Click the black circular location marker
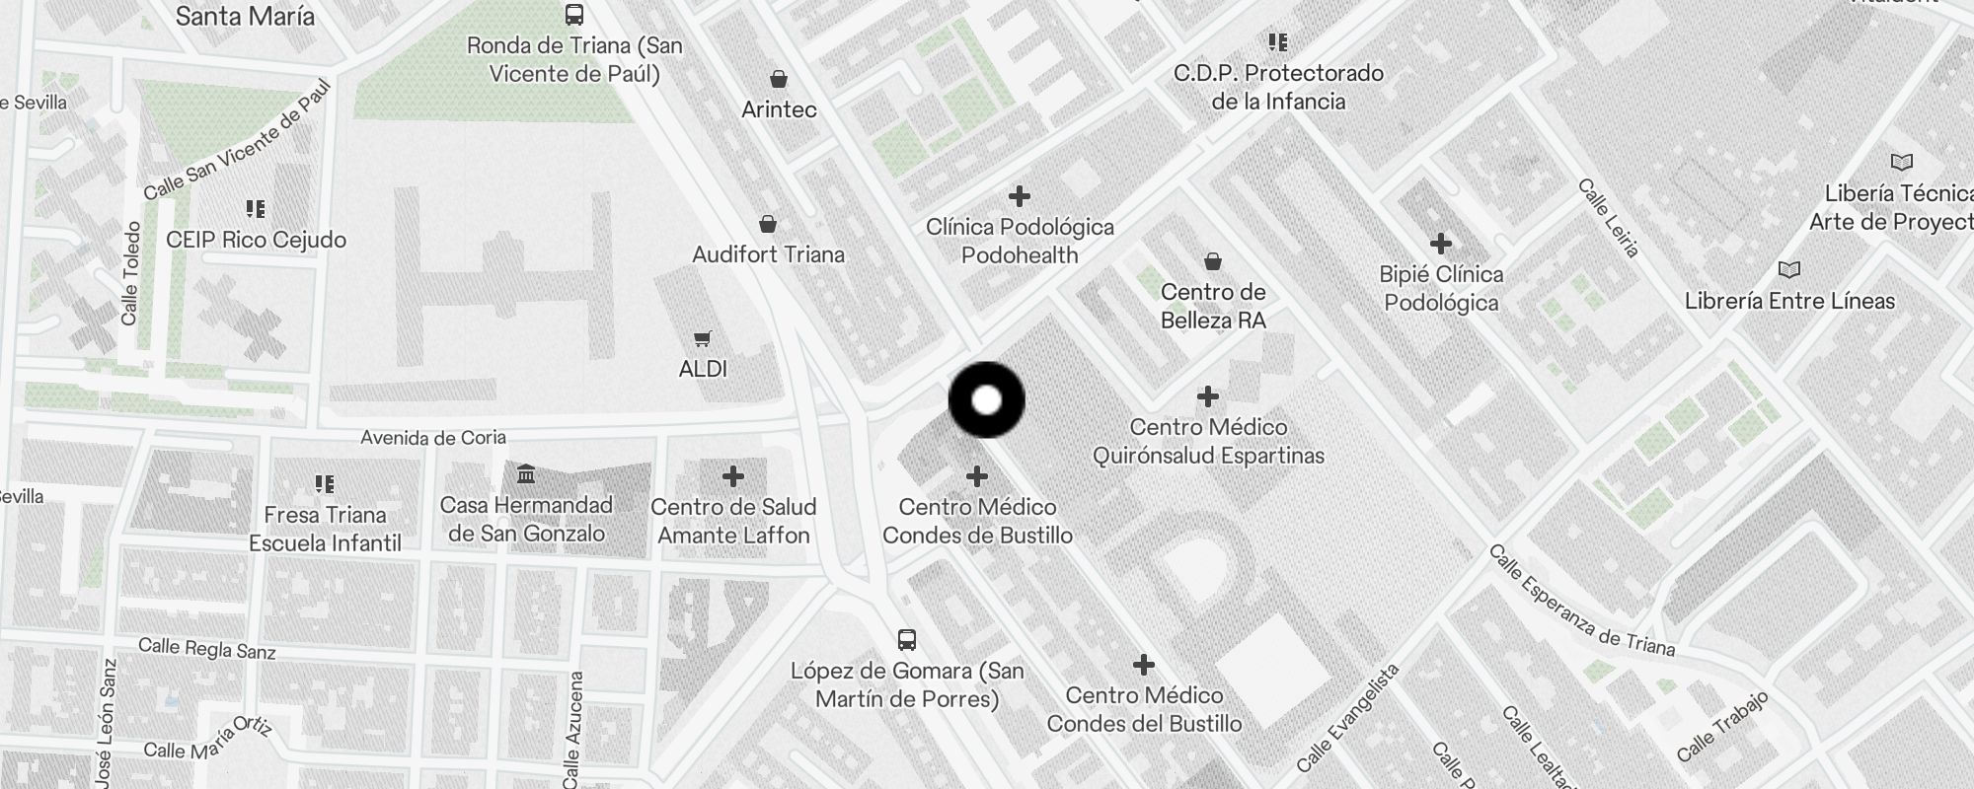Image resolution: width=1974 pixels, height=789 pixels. tap(986, 400)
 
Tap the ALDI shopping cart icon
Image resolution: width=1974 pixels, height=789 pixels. tap(702, 339)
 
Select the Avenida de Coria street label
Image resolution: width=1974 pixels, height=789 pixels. tap(433, 437)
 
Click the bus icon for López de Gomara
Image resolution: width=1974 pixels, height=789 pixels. tap(907, 640)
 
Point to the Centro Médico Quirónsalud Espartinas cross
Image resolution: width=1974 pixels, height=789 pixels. tap(1207, 396)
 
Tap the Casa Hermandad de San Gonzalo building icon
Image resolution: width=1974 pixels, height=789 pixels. tap(526, 475)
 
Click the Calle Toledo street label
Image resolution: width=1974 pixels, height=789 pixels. tap(130, 273)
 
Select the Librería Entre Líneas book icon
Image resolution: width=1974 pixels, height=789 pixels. tap(1788, 269)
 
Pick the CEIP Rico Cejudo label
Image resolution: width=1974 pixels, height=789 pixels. tap(256, 240)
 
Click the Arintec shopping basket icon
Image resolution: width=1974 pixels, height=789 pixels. tap(779, 79)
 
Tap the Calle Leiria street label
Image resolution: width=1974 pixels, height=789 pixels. tap(1608, 218)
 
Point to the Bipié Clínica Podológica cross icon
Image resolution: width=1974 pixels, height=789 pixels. tap(1441, 243)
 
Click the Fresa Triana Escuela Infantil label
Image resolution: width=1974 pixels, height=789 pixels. tap(325, 529)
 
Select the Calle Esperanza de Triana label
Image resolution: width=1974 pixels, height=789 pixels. tap(1581, 601)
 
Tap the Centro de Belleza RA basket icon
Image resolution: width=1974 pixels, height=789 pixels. tap(1212, 261)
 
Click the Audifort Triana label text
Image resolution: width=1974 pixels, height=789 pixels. tap(768, 254)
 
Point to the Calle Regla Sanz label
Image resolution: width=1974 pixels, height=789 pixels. tap(207, 648)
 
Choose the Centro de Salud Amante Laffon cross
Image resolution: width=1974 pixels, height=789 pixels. tap(732, 476)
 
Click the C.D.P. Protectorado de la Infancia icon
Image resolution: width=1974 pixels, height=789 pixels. tap(1278, 42)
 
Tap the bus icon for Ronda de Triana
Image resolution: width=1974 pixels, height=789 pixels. tap(573, 15)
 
